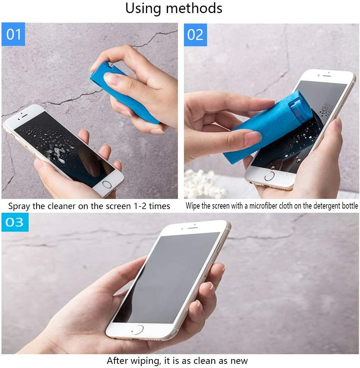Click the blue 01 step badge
pos(13,34)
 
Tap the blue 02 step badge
pos(195,34)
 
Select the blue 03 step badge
pos(15,222)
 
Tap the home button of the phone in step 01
pos(107,184)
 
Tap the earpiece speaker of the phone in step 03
pos(192,227)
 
